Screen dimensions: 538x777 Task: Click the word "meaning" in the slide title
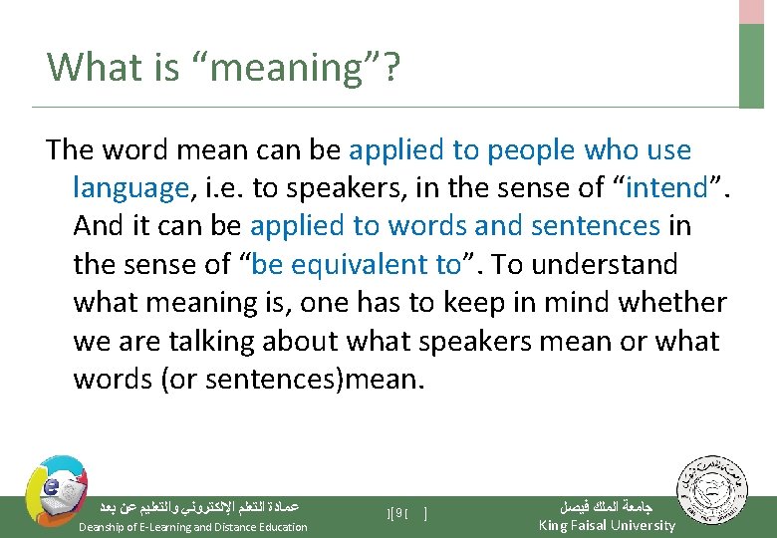coord(260,68)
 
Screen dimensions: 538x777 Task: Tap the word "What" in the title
coord(88,67)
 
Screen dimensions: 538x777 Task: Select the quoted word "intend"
coord(666,187)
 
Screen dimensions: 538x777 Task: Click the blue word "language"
coord(130,187)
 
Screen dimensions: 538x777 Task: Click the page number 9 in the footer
coord(397,513)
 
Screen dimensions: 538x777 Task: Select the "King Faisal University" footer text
coord(606,525)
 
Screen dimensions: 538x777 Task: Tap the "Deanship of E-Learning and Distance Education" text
coord(192,527)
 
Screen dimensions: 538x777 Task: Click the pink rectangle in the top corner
coord(751,11)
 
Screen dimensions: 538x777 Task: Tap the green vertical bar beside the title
coord(751,65)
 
